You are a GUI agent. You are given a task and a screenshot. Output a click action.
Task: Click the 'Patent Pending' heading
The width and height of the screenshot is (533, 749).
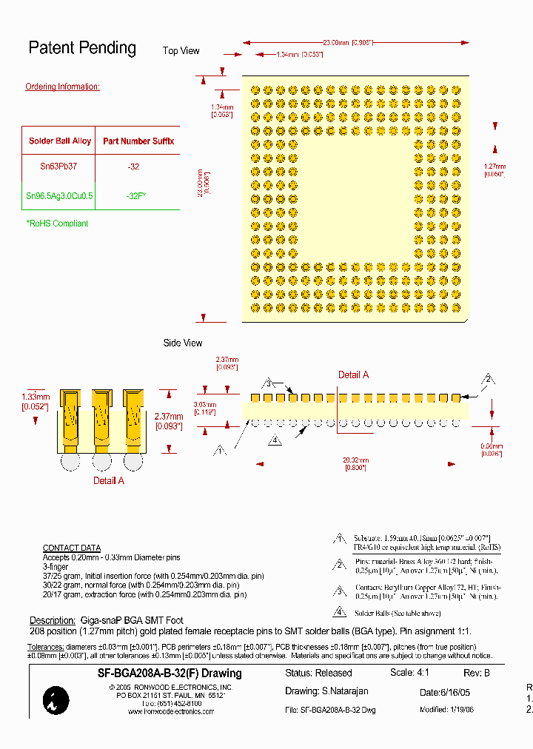(x=82, y=48)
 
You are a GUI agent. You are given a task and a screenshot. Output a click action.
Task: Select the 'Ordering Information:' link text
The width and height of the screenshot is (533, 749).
(x=62, y=87)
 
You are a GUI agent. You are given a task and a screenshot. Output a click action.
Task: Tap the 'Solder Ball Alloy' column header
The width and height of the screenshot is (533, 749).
(x=60, y=141)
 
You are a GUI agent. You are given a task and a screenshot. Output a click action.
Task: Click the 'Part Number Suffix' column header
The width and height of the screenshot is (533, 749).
(x=138, y=141)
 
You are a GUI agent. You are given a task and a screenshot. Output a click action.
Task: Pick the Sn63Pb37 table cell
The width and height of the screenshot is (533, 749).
(x=58, y=167)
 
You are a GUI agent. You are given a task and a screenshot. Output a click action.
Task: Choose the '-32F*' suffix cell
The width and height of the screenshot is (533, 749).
(x=136, y=196)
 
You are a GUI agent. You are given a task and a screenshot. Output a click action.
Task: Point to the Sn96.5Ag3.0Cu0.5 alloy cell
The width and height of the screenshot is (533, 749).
(x=60, y=196)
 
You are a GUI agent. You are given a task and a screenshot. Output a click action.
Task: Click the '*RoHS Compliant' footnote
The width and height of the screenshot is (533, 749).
(x=57, y=224)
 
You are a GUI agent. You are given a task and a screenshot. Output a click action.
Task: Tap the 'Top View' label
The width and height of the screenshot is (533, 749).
(x=181, y=51)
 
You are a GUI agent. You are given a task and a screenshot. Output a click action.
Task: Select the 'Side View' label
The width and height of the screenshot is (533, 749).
(x=182, y=343)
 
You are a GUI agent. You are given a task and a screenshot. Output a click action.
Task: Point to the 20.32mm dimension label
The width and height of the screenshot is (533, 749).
(x=356, y=463)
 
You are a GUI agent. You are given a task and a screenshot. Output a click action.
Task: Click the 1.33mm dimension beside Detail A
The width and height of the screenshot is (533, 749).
(x=35, y=401)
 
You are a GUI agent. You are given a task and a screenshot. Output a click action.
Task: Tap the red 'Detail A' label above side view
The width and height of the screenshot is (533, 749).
(x=354, y=375)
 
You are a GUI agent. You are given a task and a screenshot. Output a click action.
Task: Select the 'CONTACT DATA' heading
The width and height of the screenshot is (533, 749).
(x=72, y=548)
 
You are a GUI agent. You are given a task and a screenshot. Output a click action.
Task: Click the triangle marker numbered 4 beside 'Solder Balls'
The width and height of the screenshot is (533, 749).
(x=339, y=612)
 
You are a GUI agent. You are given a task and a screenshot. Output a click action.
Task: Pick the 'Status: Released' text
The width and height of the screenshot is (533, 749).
(x=318, y=674)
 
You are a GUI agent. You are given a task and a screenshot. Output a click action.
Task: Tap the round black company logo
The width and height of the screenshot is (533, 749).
(x=56, y=700)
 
